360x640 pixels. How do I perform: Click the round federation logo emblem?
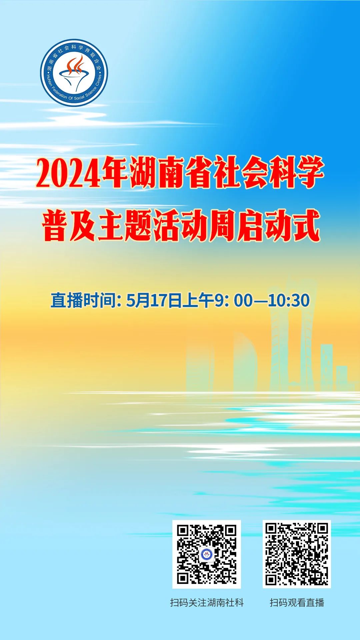tap(74, 73)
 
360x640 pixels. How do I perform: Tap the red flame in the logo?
tap(76, 65)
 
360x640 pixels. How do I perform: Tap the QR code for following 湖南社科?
tap(206, 554)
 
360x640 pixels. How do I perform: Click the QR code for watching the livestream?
tap(297, 554)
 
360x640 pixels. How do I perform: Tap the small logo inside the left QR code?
tap(206, 554)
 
